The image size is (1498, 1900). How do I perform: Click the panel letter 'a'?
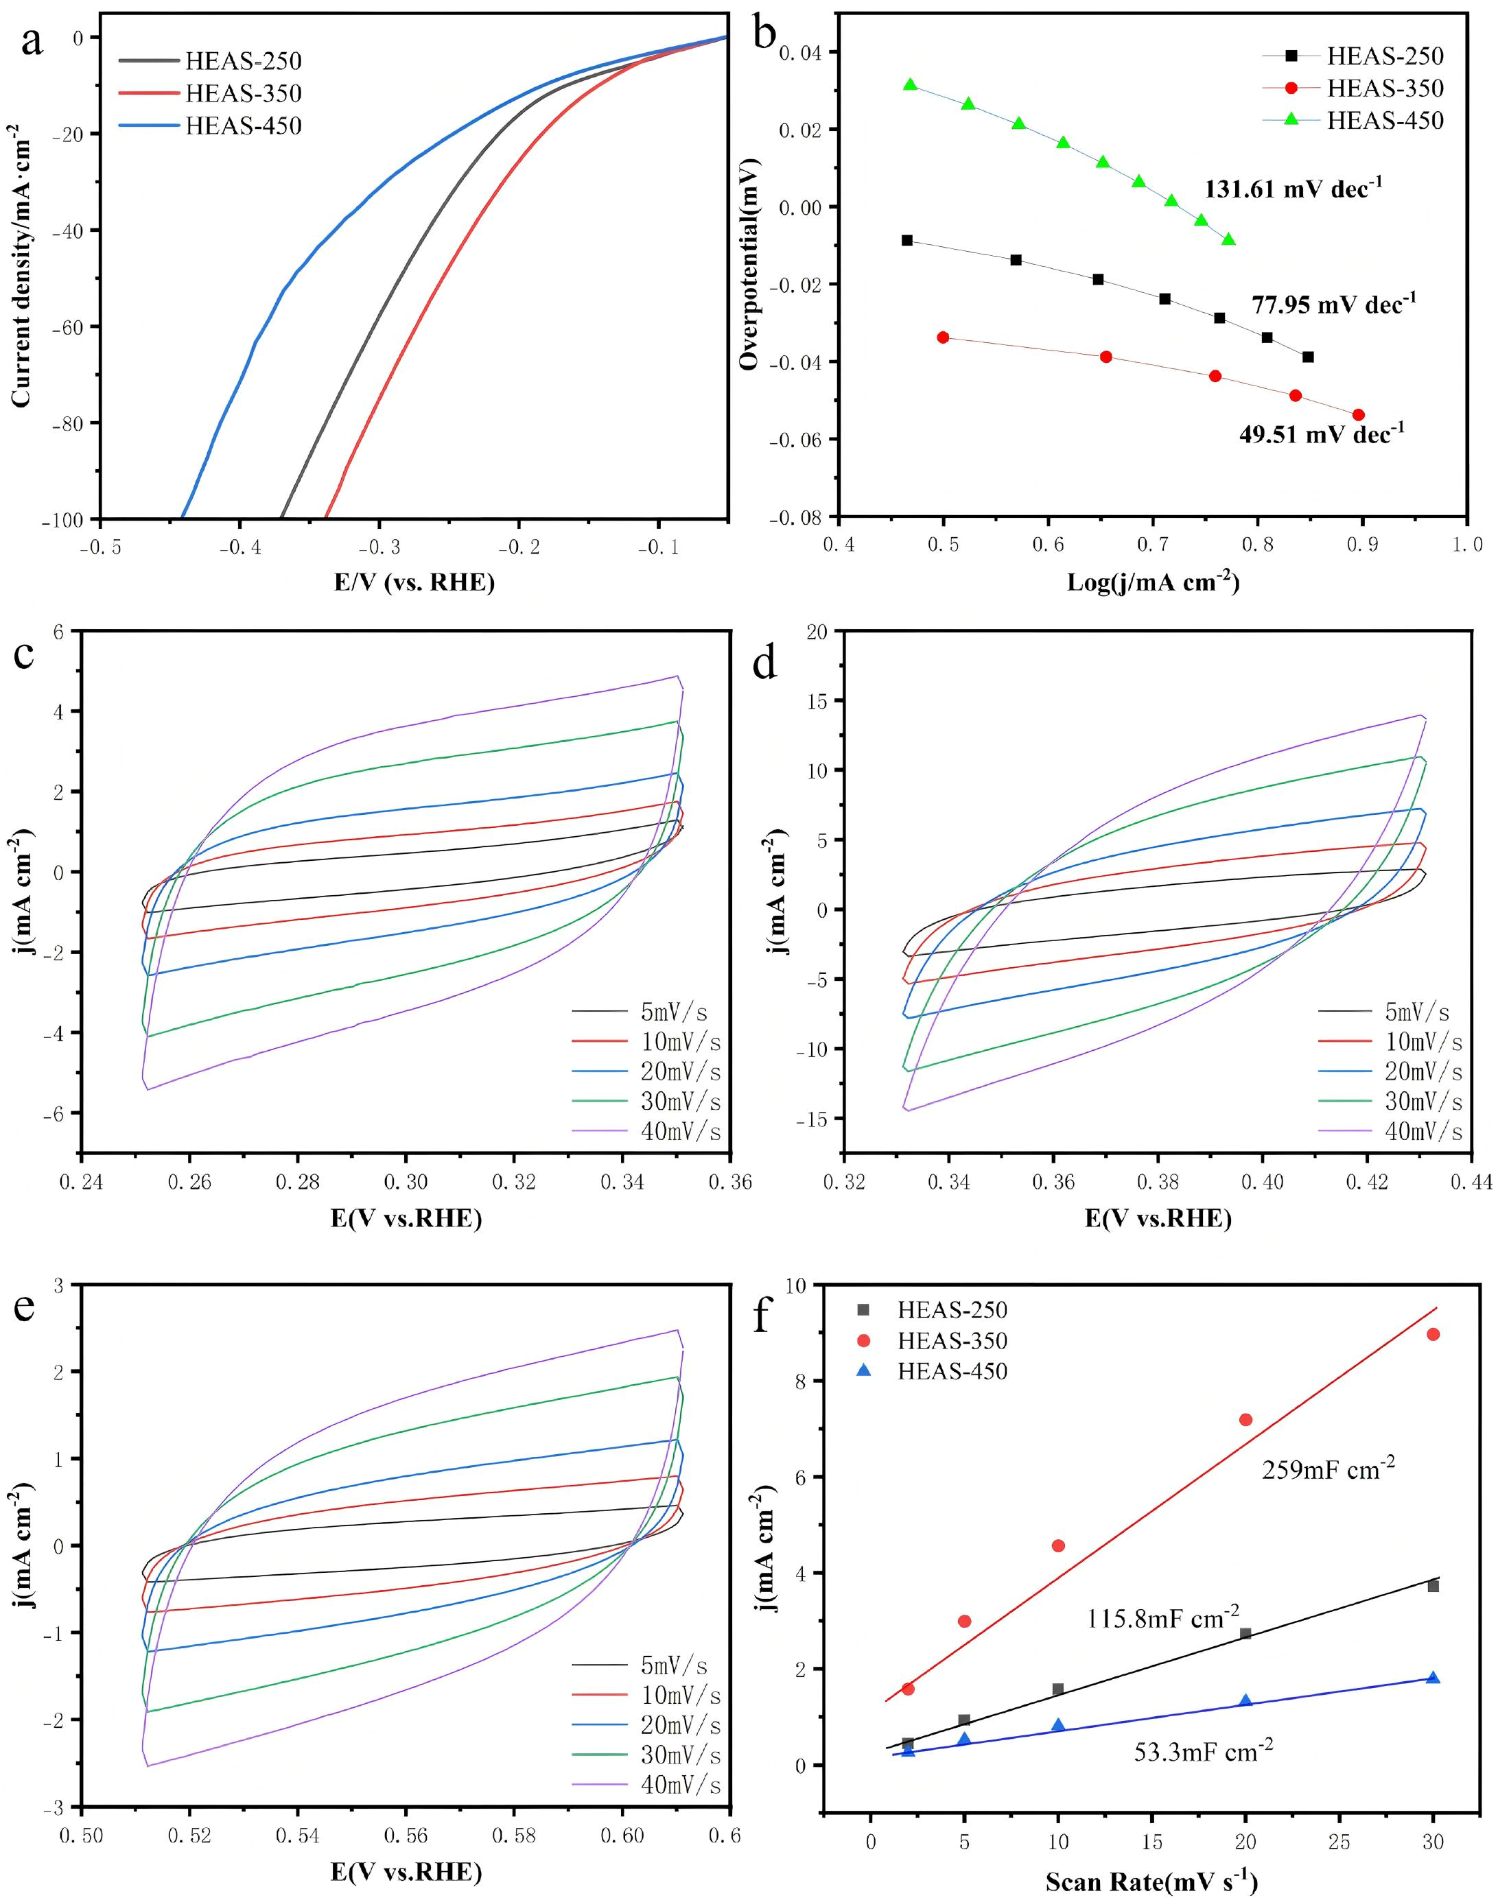click(x=32, y=42)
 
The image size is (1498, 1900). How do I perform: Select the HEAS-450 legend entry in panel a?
click(x=211, y=126)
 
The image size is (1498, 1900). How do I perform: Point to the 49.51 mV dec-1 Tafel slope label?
click(x=1321, y=433)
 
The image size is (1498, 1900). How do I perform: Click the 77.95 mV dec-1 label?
click(x=1333, y=305)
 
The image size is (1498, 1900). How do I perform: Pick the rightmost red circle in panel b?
click(x=1359, y=415)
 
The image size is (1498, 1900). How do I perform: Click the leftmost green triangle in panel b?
click(x=911, y=84)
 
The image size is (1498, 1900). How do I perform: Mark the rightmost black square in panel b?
click(x=1308, y=357)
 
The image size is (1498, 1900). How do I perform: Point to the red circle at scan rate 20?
click(x=1245, y=1420)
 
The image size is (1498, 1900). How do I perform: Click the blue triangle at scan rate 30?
click(x=1433, y=1677)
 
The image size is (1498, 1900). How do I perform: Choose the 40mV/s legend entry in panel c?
click(x=646, y=1131)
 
